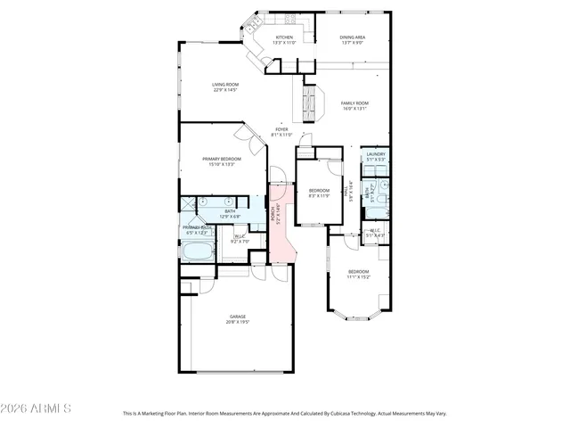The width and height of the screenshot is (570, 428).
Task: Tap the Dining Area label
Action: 353,37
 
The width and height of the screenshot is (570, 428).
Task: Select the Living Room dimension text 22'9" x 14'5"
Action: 224,90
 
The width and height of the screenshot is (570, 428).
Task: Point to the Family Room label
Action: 354,103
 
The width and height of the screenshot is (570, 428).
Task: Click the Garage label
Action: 237,317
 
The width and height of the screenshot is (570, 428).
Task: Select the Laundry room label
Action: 376,154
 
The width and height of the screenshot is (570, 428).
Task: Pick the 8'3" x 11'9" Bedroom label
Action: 319,190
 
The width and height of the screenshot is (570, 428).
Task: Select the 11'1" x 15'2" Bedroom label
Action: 359,271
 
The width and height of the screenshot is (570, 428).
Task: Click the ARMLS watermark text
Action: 36,408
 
